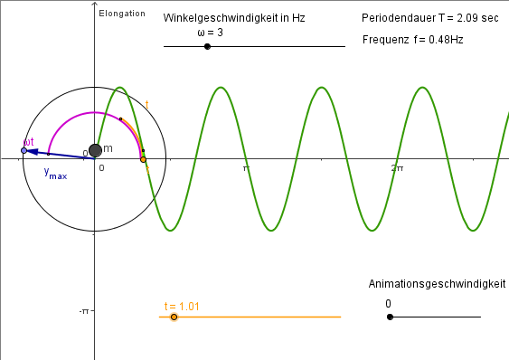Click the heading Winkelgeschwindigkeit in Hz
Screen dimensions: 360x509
point(233,18)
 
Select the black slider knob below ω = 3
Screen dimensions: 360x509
point(208,46)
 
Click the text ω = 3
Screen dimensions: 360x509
point(210,33)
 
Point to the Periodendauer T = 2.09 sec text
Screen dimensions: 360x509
point(429,18)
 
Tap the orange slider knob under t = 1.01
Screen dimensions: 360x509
point(174,317)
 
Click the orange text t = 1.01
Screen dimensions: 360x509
point(182,306)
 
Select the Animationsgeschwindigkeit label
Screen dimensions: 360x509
point(437,284)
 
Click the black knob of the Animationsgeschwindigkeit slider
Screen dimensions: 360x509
point(390,317)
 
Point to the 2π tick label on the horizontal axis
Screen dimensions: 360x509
point(397,168)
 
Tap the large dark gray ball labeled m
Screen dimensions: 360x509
point(95,150)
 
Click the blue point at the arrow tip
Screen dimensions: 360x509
point(24,150)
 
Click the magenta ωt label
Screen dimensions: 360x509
point(28,141)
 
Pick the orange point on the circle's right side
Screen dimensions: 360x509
point(143,159)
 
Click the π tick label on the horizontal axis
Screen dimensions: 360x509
point(245,168)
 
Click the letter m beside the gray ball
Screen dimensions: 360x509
point(108,147)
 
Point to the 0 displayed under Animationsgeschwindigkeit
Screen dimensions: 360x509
point(388,304)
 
